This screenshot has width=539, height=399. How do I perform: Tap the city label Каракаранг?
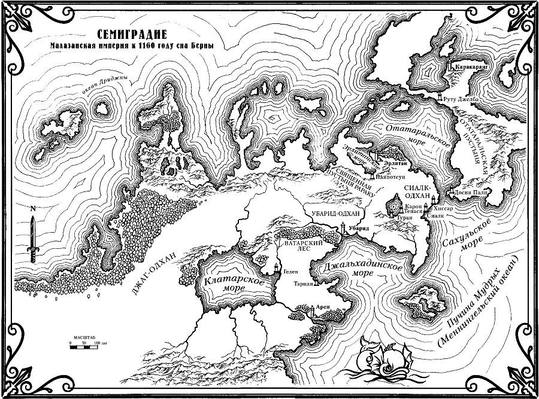[473, 68]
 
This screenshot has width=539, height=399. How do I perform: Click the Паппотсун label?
[388, 176]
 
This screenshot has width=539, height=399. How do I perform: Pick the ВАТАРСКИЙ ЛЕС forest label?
[299, 247]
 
